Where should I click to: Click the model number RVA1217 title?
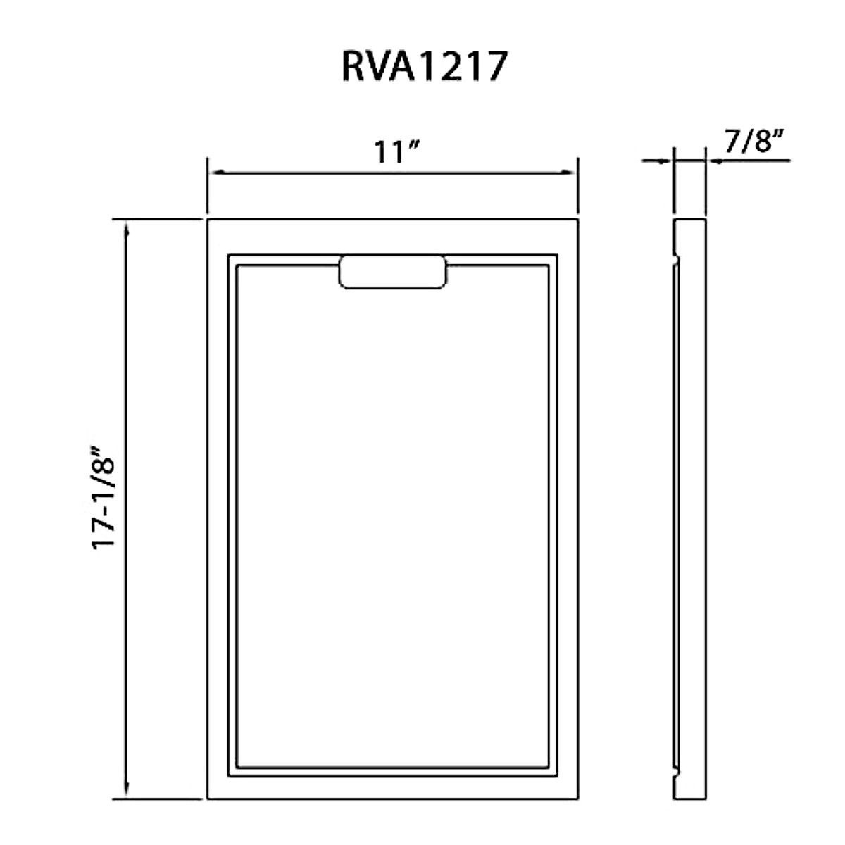424,66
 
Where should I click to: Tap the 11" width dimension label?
396,151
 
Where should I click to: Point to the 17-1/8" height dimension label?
104,491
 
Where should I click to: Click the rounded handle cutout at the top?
392,272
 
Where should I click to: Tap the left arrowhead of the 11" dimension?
217,172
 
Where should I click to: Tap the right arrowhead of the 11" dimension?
568,172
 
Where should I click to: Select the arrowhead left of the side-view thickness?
664,161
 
